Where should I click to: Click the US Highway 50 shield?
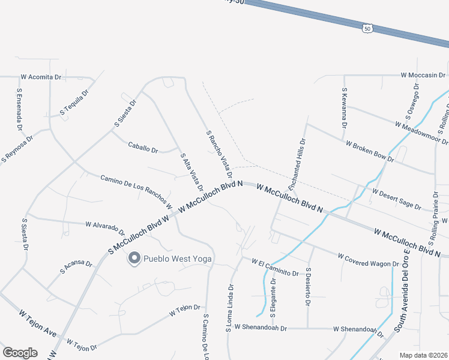point(368,28)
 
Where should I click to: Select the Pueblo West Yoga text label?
point(181,259)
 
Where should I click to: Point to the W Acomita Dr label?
point(41,77)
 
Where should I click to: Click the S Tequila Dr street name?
point(74,103)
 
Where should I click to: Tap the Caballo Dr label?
point(143,146)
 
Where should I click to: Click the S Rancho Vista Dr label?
point(218,152)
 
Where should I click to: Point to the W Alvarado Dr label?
point(105,228)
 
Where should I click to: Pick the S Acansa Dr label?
point(76,267)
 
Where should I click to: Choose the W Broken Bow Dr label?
point(370,151)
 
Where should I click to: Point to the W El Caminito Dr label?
point(275,267)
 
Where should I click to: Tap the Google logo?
point(20,353)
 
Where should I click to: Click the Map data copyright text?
point(423,355)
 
